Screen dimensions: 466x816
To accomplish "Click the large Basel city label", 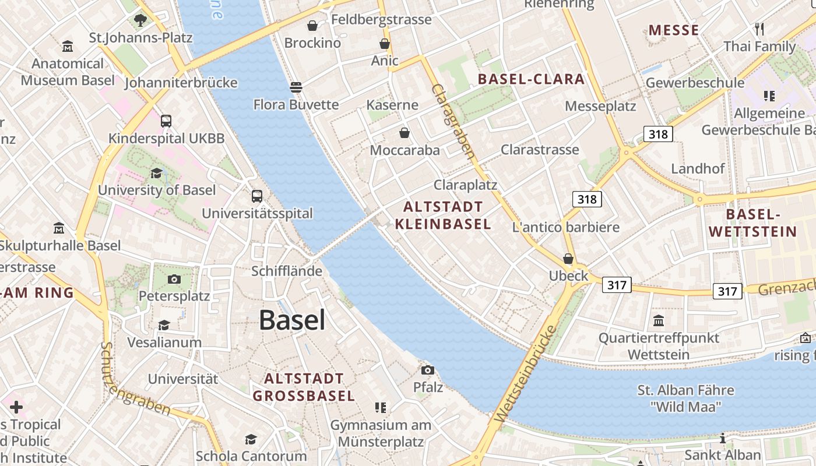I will point(292,320).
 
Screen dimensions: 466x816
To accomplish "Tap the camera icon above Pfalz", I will point(428,370).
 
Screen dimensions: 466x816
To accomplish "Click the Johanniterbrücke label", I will point(181,83).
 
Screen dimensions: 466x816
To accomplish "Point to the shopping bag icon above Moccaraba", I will point(405,133).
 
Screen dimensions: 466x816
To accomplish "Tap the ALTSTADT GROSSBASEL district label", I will point(303,387).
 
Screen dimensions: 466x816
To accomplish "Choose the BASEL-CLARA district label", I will point(531,79).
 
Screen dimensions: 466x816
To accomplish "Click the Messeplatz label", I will point(600,106).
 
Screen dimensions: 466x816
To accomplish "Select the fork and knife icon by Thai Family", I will point(759,29).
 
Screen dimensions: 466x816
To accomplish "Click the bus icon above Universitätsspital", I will point(257,196).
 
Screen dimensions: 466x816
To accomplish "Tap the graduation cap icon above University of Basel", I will point(156,173).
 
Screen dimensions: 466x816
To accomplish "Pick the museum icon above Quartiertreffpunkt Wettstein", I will point(659,320).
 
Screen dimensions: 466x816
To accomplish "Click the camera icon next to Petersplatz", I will point(174,279).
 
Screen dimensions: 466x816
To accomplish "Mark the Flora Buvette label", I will point(296,105).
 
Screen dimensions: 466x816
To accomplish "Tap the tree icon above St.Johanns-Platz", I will point(140,20).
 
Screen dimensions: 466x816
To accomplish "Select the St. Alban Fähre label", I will point(686,390).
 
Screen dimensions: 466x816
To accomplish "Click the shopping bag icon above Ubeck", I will point(568,259).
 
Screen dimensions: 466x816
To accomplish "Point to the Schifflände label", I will point(287,271).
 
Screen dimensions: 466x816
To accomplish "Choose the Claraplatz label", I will point(465,185).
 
